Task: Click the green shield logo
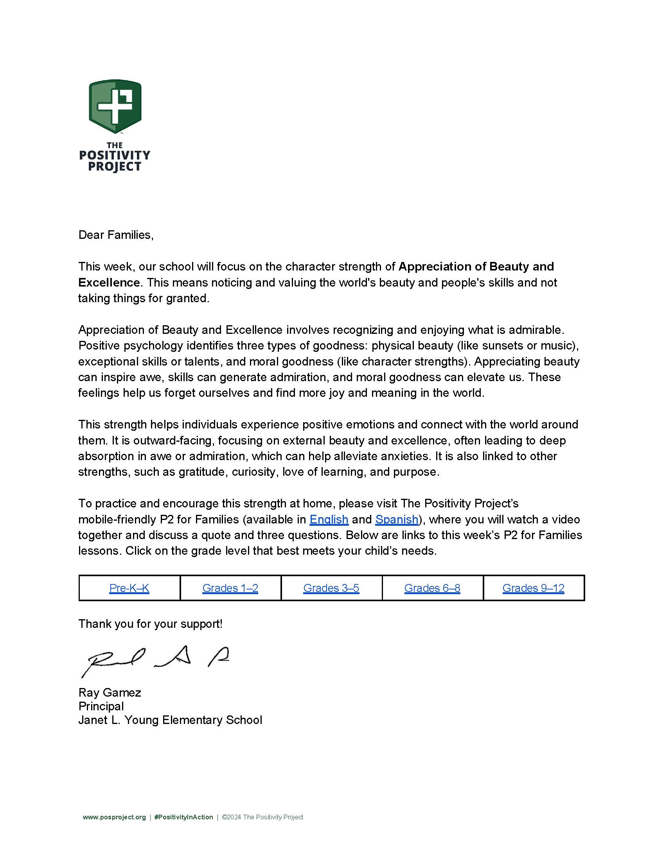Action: tap(115, 106)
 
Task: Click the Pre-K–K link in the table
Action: tap(129, 588)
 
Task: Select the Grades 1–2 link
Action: tap(230, 588)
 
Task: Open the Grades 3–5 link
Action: tap(331, 588)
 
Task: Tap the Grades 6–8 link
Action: tap(432, 588)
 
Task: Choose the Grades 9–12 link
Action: tap(533, 588)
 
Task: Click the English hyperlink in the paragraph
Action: tap(329, 520)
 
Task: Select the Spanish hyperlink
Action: tap(396, 520)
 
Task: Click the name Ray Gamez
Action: tap(110, 692)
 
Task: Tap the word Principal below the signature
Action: tap(101, 706)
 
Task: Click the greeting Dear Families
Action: tap(116, 235)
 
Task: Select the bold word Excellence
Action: tap(109, 282)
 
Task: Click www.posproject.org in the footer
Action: tap(114, 817)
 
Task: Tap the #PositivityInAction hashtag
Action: tap(183, 817)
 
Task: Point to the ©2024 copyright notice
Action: tap(262, 817)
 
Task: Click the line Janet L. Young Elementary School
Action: tap(170, 720)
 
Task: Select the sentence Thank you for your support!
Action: tap(151, 624)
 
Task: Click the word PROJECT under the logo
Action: tap(114, 167)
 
